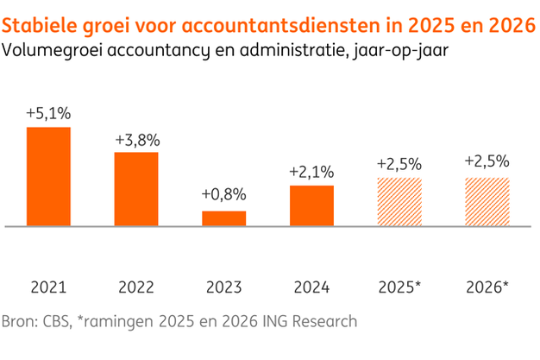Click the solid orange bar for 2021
click(x=48, y=176)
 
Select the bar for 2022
click(x=136, y=189)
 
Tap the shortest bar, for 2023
click(x=224, y=218)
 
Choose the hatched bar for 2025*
click(x=399, y=202)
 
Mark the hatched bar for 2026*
click(x=487, y=202)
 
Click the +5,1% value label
click(x=48, y=114)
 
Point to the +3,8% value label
click(x=136, y=139)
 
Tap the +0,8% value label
click(x=224, y=194)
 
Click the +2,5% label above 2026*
click(x=487, y=161)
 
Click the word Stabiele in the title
click(x=39, y=20)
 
